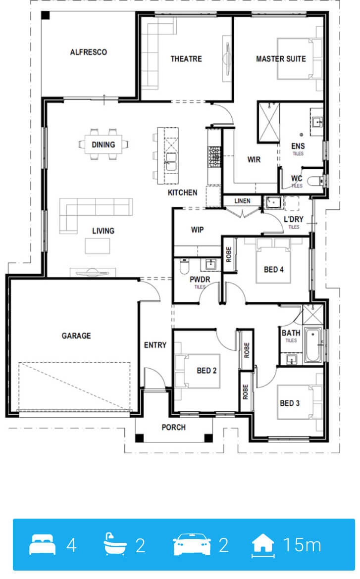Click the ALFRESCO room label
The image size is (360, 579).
(89, 52)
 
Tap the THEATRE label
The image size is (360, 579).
(186, 59)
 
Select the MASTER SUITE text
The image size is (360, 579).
(281, 59)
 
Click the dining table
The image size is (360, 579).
(103, 145)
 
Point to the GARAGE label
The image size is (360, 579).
(76, 336)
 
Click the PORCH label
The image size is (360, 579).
(173, 427)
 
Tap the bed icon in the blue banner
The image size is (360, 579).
(43, 544)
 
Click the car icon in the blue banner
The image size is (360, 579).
(192, 544)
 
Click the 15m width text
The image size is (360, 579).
(302, 545)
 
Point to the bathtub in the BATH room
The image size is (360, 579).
(312, 345)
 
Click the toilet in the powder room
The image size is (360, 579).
(184, 266)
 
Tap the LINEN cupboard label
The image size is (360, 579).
(243, 201)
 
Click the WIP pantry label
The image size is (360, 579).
(198, 230)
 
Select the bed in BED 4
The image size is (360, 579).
(273, 261)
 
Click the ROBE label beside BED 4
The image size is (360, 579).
(229, 255)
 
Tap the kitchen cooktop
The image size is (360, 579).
(215, 157)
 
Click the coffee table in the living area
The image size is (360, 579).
(98, 246)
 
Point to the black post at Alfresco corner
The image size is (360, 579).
(45, 15)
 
